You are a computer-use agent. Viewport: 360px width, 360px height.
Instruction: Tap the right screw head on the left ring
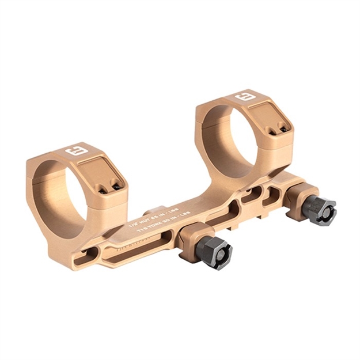pyautogui.click(x=117, y=186)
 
